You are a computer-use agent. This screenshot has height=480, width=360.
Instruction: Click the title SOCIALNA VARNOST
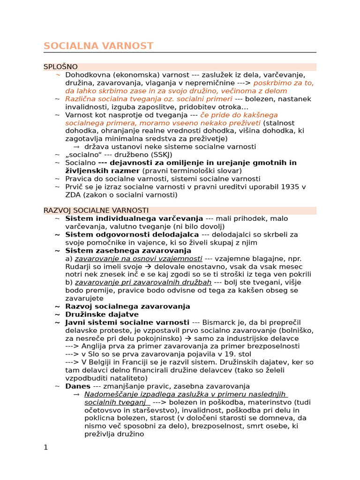click(98, 46)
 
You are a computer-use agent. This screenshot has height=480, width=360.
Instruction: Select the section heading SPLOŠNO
click(60, 67)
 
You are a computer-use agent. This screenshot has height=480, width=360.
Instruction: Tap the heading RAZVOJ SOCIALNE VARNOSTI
click(96, 210)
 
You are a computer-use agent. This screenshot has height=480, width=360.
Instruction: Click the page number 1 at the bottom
click(45, 447)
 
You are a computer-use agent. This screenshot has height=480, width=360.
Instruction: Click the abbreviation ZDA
click(73, 195)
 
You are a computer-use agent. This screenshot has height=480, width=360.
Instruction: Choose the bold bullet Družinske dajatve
click(102, 315)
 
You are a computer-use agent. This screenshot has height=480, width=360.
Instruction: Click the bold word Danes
click(78, 386)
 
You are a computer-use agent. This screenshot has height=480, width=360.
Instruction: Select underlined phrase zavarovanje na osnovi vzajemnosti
click(138, 259)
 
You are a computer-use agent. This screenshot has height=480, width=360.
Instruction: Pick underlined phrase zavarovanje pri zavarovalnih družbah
click(143, 283)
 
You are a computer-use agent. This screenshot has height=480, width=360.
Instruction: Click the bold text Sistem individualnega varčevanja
click(134, 218)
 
